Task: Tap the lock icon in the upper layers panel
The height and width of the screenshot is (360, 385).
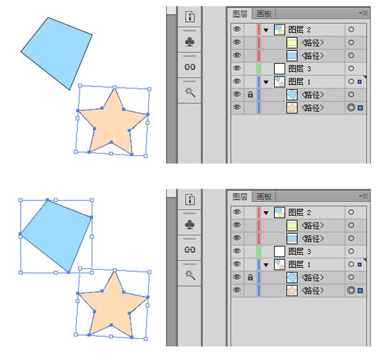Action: click(250, 94)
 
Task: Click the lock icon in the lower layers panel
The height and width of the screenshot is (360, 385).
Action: click(250, 277)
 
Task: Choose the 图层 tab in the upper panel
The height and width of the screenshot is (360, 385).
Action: click(240, 14)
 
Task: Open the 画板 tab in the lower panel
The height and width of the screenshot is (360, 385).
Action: click(264, 197)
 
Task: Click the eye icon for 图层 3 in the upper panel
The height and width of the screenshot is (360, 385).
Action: click(237, 68)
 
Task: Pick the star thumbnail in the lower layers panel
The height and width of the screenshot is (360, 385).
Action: click(291, 290)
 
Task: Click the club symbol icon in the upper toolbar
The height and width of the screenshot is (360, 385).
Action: click(190, 42)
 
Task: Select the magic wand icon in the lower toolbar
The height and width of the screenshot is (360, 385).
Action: click(190, 275)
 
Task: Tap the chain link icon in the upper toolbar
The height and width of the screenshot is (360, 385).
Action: click(190, 67)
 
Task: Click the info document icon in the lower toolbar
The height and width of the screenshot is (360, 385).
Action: click(190, 199)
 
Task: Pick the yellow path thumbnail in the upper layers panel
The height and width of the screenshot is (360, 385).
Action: click(291, 43)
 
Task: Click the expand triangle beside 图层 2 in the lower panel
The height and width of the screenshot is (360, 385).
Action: click(266, 213)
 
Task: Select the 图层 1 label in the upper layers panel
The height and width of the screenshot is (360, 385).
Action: click(299, 82)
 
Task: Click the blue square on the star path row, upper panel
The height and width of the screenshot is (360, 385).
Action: click(360, 108)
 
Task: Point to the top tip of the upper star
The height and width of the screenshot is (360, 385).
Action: click(115, 88)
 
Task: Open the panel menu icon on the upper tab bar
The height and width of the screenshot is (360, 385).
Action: click(363, 13)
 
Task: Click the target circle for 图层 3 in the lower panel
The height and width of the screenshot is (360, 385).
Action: click(351, 251)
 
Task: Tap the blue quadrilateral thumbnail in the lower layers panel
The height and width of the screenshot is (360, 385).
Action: click(291, 277)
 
